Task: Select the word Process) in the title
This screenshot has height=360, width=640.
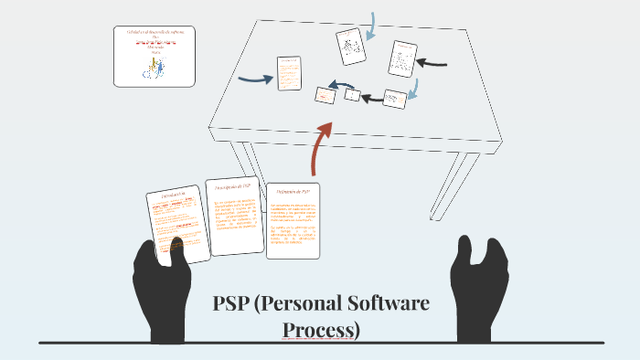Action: [x=321, y=328]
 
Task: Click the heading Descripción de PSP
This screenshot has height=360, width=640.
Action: [x=231, y=186]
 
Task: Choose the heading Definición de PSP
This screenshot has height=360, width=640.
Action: [x=292, y=191]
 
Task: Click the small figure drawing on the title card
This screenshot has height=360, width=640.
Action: [x=157, y=64]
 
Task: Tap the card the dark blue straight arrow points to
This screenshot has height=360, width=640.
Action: [x=289, y=74]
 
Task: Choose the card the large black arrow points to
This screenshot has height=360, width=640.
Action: [x=402, y=58]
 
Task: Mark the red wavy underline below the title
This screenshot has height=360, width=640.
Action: [x=321, y=340]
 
